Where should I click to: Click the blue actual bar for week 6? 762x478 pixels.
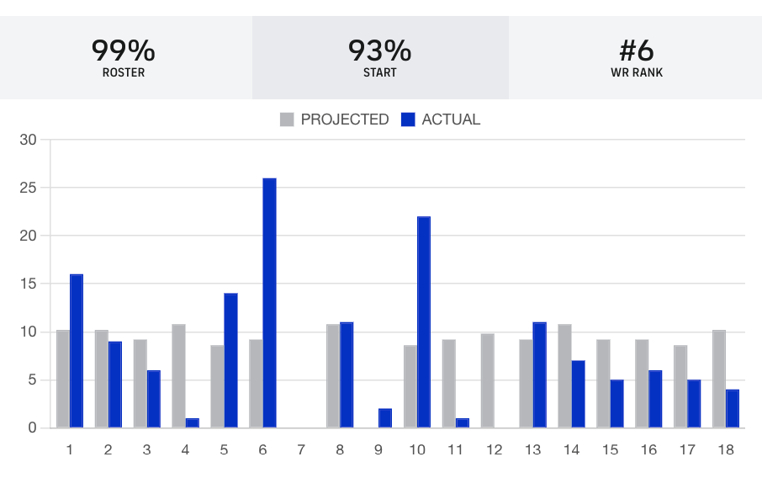[x=269, y=303]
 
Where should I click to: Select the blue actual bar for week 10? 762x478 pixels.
[x=424, y=322]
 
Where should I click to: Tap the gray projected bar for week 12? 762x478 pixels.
[x=488, y=380]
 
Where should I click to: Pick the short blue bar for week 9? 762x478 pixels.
[x=385, y=418]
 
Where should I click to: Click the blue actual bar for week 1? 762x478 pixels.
[x=77, y=351]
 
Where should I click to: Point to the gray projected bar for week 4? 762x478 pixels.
[x=178, y=376]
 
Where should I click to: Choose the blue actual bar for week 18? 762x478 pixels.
[x=733, y=409]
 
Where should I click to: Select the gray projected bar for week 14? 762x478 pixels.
[x=565, y=376]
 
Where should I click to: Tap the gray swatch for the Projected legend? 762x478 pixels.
[x=287, y=119]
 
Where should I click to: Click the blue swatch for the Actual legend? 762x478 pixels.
[x=409, y=119]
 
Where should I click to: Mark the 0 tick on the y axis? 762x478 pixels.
[x=33, y=428]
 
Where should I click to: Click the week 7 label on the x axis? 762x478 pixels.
[x=301, y=450]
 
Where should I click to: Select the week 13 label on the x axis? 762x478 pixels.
[x=532, y=450]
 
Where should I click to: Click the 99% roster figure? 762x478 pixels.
[x=124, y=50]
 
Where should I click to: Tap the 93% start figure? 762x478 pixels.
[x=380, y=50]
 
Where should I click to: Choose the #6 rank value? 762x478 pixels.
[x=637, y=50]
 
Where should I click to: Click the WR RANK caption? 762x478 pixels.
[x=637, y=73]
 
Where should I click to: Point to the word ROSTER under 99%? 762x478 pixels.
[x=124, y=73]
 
